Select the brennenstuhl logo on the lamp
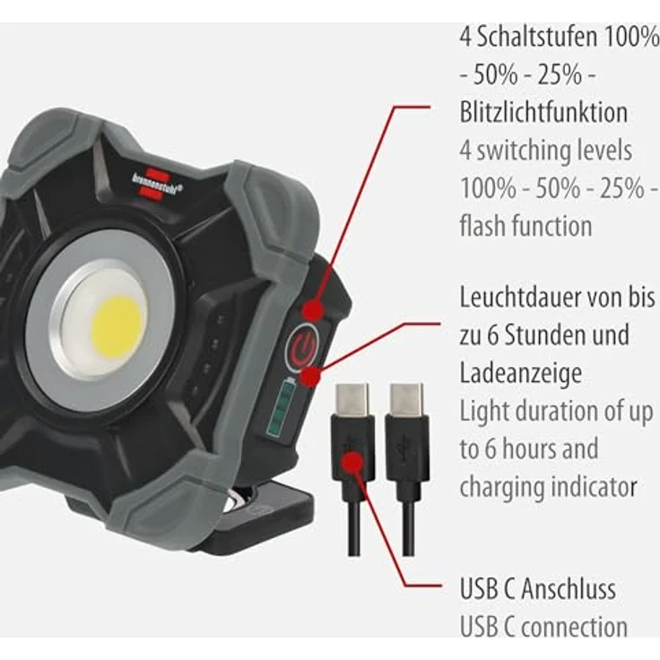pos(153,178)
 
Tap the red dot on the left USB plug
pos(352,463)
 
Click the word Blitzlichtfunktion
pos(543,113)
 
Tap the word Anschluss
pos(569,589)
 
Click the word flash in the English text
pos(485,226)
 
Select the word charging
pos(497,487)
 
